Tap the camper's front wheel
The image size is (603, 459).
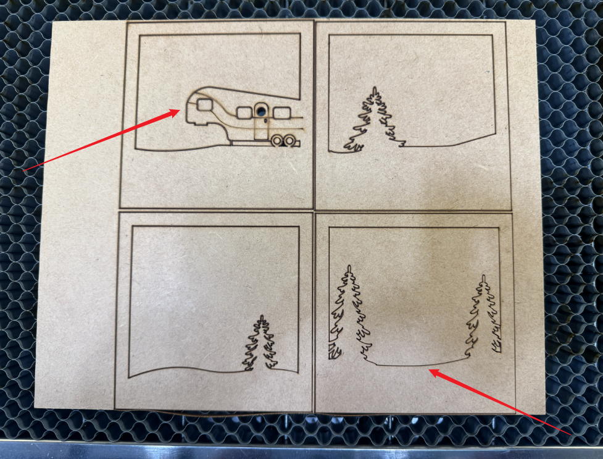point(277,141)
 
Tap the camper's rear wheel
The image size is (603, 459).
point(288,141)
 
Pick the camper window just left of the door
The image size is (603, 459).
point(244,112)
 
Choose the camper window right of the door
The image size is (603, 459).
point(282,112)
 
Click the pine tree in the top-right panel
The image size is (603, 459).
point(374,120)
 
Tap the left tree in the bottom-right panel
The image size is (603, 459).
point(347,309)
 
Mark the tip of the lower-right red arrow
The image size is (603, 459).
point(429,370)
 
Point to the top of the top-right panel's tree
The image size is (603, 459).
point(374,89)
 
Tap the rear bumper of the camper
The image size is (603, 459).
point(298,143)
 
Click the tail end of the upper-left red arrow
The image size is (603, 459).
point(23,169)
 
